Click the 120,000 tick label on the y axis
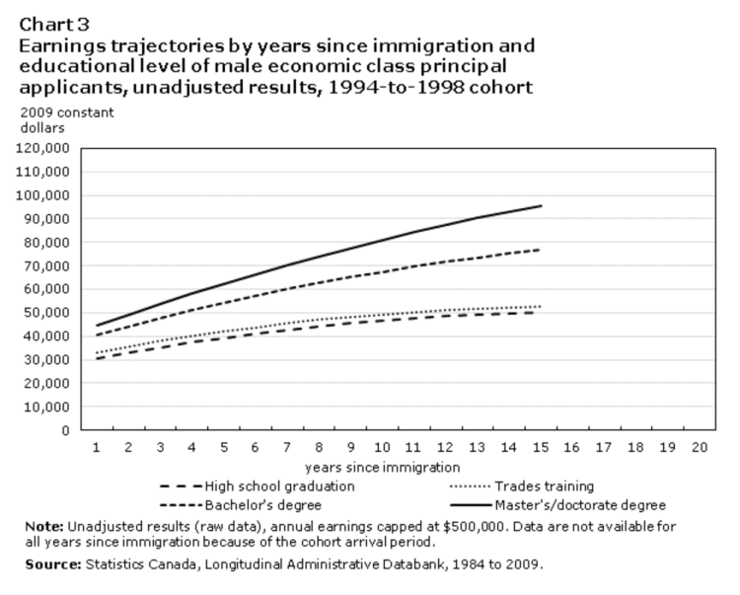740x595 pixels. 42,148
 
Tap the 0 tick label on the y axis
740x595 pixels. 64,430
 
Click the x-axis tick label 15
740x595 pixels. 540,447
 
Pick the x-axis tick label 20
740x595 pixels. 701,447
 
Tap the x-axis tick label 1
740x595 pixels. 96,447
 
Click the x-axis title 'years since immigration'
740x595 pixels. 383,467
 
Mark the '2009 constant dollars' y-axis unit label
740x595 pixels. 66,119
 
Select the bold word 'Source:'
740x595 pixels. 49,564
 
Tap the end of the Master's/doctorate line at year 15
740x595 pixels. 541,205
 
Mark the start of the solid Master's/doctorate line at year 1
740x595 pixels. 96,326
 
